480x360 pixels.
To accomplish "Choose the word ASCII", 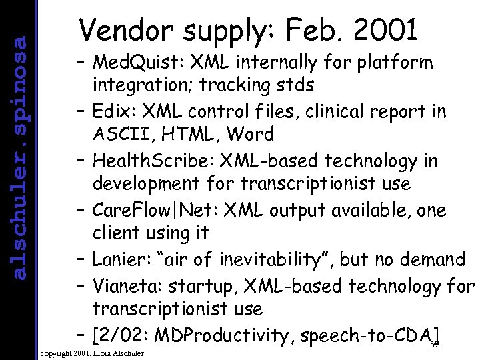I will pos(119,134).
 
